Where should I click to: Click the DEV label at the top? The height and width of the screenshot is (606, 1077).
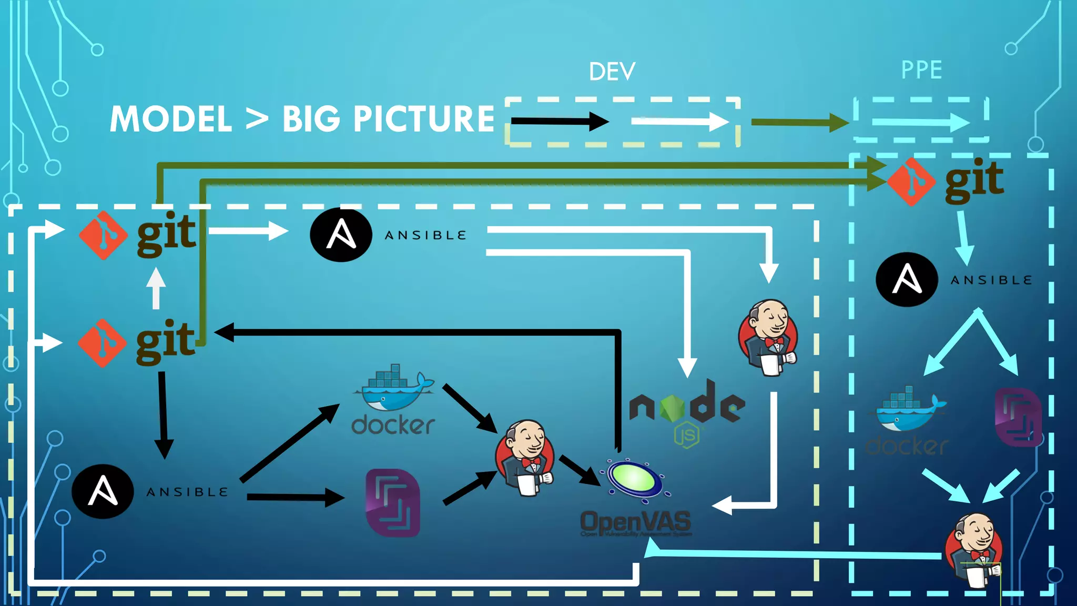(x=612, y=72)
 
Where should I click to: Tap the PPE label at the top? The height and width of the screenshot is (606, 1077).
(x=921, y=70)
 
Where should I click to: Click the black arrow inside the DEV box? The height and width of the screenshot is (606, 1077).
(x=560, y=122)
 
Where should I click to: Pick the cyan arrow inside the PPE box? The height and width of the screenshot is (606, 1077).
(x=920, y=123)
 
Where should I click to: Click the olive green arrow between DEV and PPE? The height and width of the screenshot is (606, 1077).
(x=799, y=123)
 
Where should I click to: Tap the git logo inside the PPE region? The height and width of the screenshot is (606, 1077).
(x=947, y=180)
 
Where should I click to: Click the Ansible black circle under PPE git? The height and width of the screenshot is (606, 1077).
(x=907, y=279)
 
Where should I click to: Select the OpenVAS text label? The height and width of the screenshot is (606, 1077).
(x=635, y=522)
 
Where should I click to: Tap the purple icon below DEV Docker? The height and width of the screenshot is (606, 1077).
(x=393, y=502)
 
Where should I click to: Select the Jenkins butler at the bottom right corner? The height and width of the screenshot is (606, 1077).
(x=974, y=550)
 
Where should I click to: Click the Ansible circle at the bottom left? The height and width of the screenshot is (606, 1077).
(x=103, y=491)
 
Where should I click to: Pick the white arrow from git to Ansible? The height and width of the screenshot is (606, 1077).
(x=248, y=230)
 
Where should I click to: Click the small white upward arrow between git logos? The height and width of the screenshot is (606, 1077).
(x=156, y=288)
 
